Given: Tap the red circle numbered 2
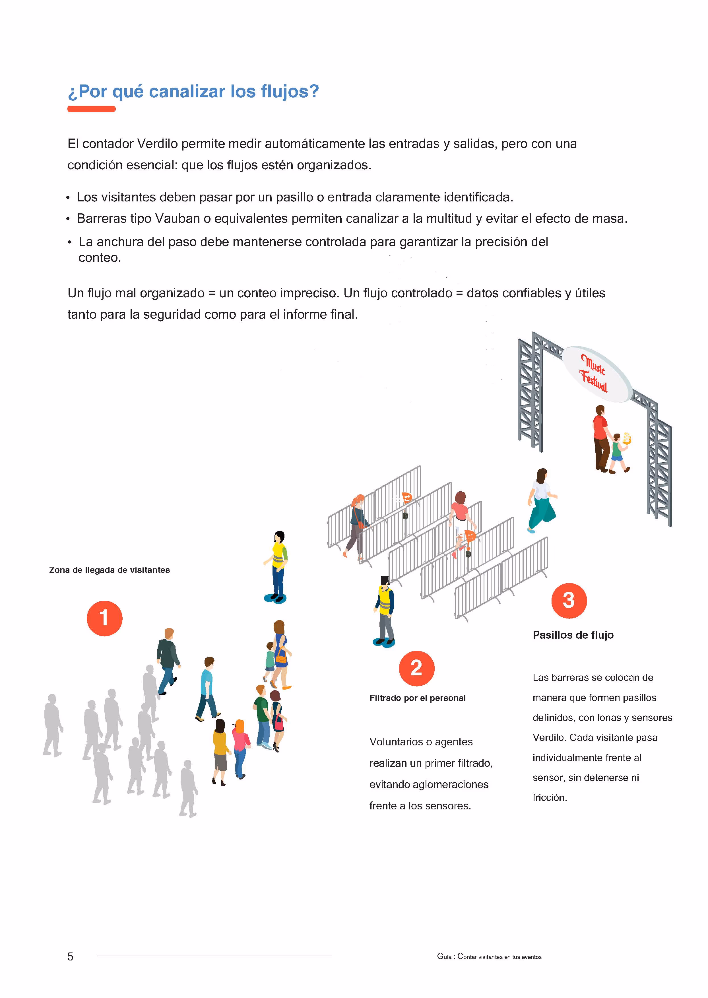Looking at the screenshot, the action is pyautogui.click(x=416, y=668).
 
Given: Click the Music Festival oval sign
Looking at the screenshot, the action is pyautogui.click(x=596, y=374).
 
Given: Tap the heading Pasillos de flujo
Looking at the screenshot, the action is pyautogui.click(x=573, y=635).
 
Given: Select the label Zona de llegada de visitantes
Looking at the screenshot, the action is pyautogui.click(x=110, y=570).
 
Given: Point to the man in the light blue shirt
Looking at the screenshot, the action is pyautogui.click(x=207, y=689).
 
